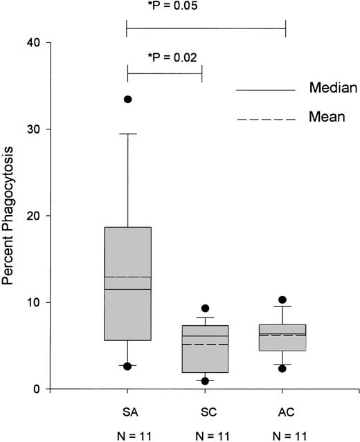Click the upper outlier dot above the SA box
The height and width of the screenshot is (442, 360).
[x=127, y=100]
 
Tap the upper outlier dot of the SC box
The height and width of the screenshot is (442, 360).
[x=206, y=309]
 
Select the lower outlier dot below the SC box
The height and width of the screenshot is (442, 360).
[x=206, y=381]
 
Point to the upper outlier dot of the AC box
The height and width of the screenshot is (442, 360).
[x=282, y=300]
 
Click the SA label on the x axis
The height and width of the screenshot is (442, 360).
[x=127, y=412]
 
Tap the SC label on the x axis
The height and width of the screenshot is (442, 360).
[x=206, y=412]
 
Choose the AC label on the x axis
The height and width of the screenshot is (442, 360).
[x=283, y=412]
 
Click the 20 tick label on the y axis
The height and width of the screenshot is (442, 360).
[x=33, y=216]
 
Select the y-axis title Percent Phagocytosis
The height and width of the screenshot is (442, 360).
[x=11, y=215]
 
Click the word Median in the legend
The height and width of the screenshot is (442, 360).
[x=332, y=89]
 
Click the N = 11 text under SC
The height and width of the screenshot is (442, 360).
[x=206, y=434]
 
